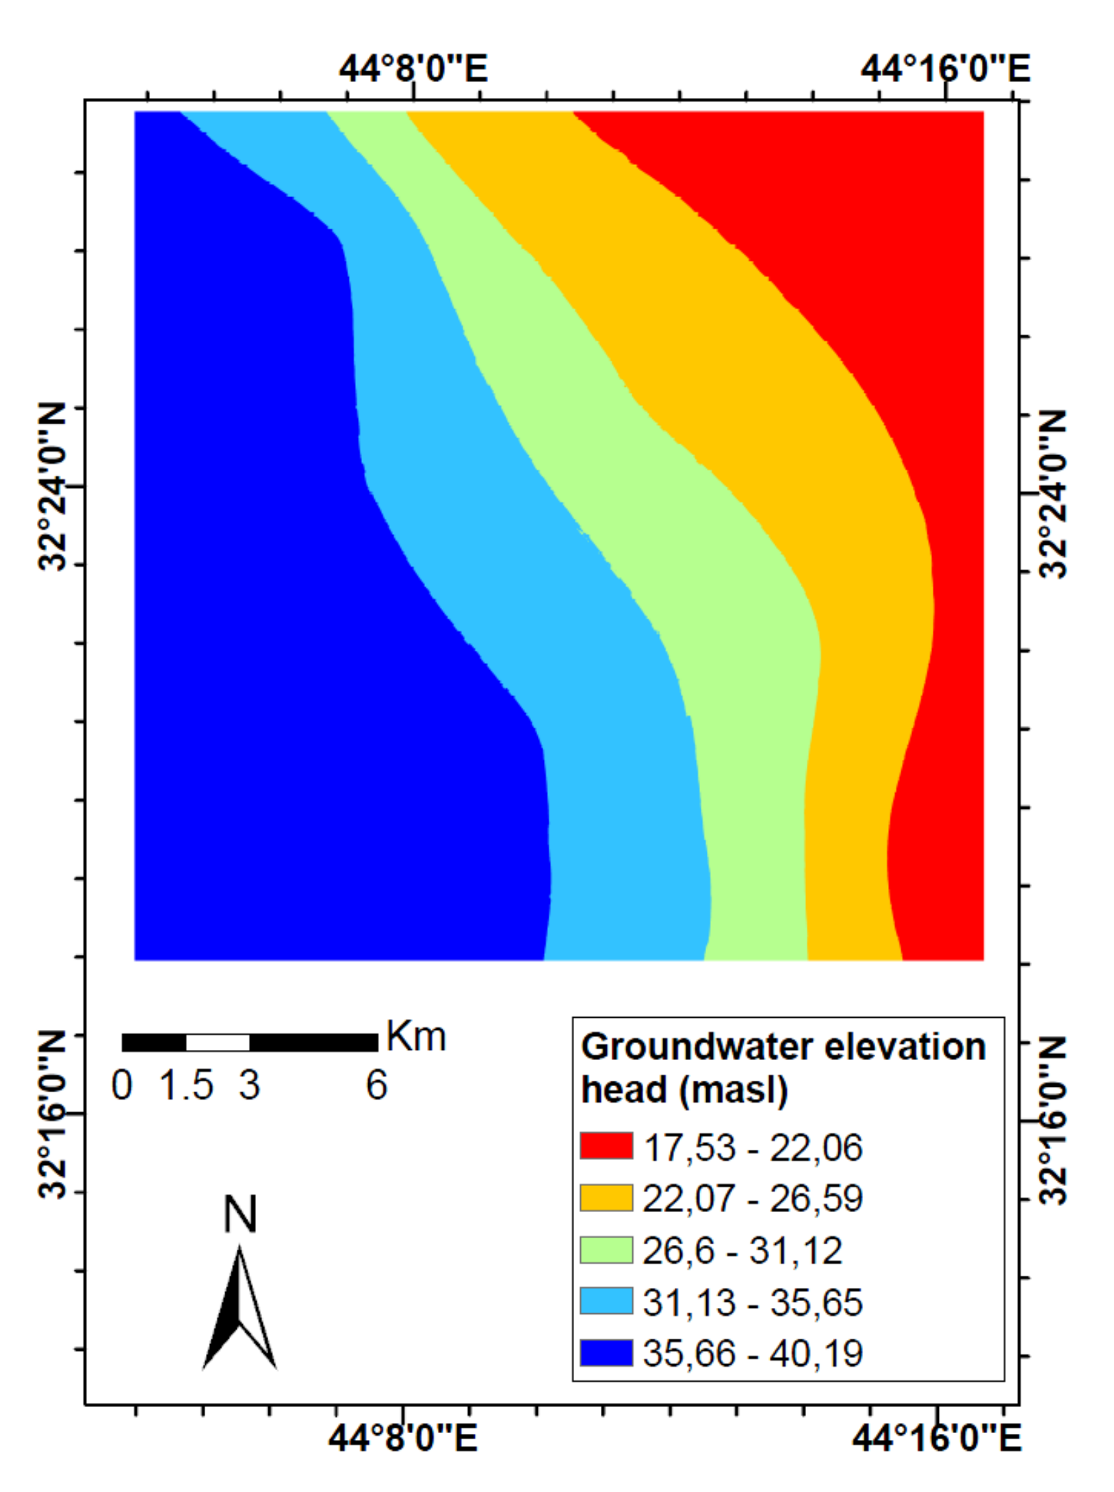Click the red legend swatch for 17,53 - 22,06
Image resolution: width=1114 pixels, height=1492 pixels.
coord(606,1146)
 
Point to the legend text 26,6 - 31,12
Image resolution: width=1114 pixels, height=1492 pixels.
coord(742,1250)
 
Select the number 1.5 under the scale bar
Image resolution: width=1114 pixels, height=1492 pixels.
coord(186,1085)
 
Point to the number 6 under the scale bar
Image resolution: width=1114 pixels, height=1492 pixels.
coord(376,1085)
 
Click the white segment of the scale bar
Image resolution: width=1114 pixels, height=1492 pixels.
coord(218,1043)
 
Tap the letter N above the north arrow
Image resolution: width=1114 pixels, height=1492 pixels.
coord(240,1215)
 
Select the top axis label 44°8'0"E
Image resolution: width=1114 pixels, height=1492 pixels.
coord(413,68)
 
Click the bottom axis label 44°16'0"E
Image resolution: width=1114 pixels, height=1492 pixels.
coord(936,1439)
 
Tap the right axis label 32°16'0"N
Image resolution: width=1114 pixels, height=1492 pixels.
coord(1054,1120)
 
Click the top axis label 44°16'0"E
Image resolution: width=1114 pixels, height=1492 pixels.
coord(944,68)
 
